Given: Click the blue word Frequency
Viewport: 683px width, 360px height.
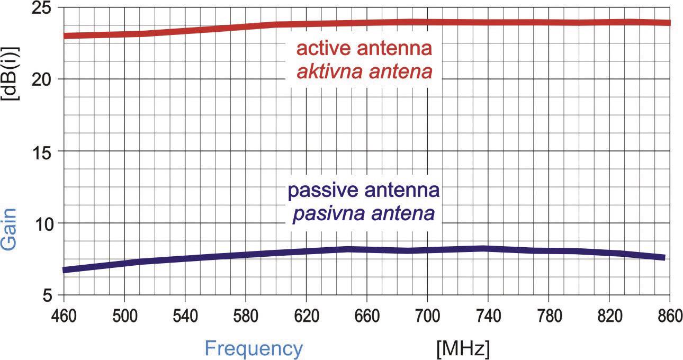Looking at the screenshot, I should (254, 349).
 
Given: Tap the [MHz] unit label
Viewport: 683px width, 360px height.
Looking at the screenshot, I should (463, 349).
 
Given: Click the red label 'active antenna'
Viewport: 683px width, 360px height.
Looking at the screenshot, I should (364, 49).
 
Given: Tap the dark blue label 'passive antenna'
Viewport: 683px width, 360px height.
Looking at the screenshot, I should (363, 191).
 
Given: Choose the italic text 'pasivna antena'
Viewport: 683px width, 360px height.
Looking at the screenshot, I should (363, 213).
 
